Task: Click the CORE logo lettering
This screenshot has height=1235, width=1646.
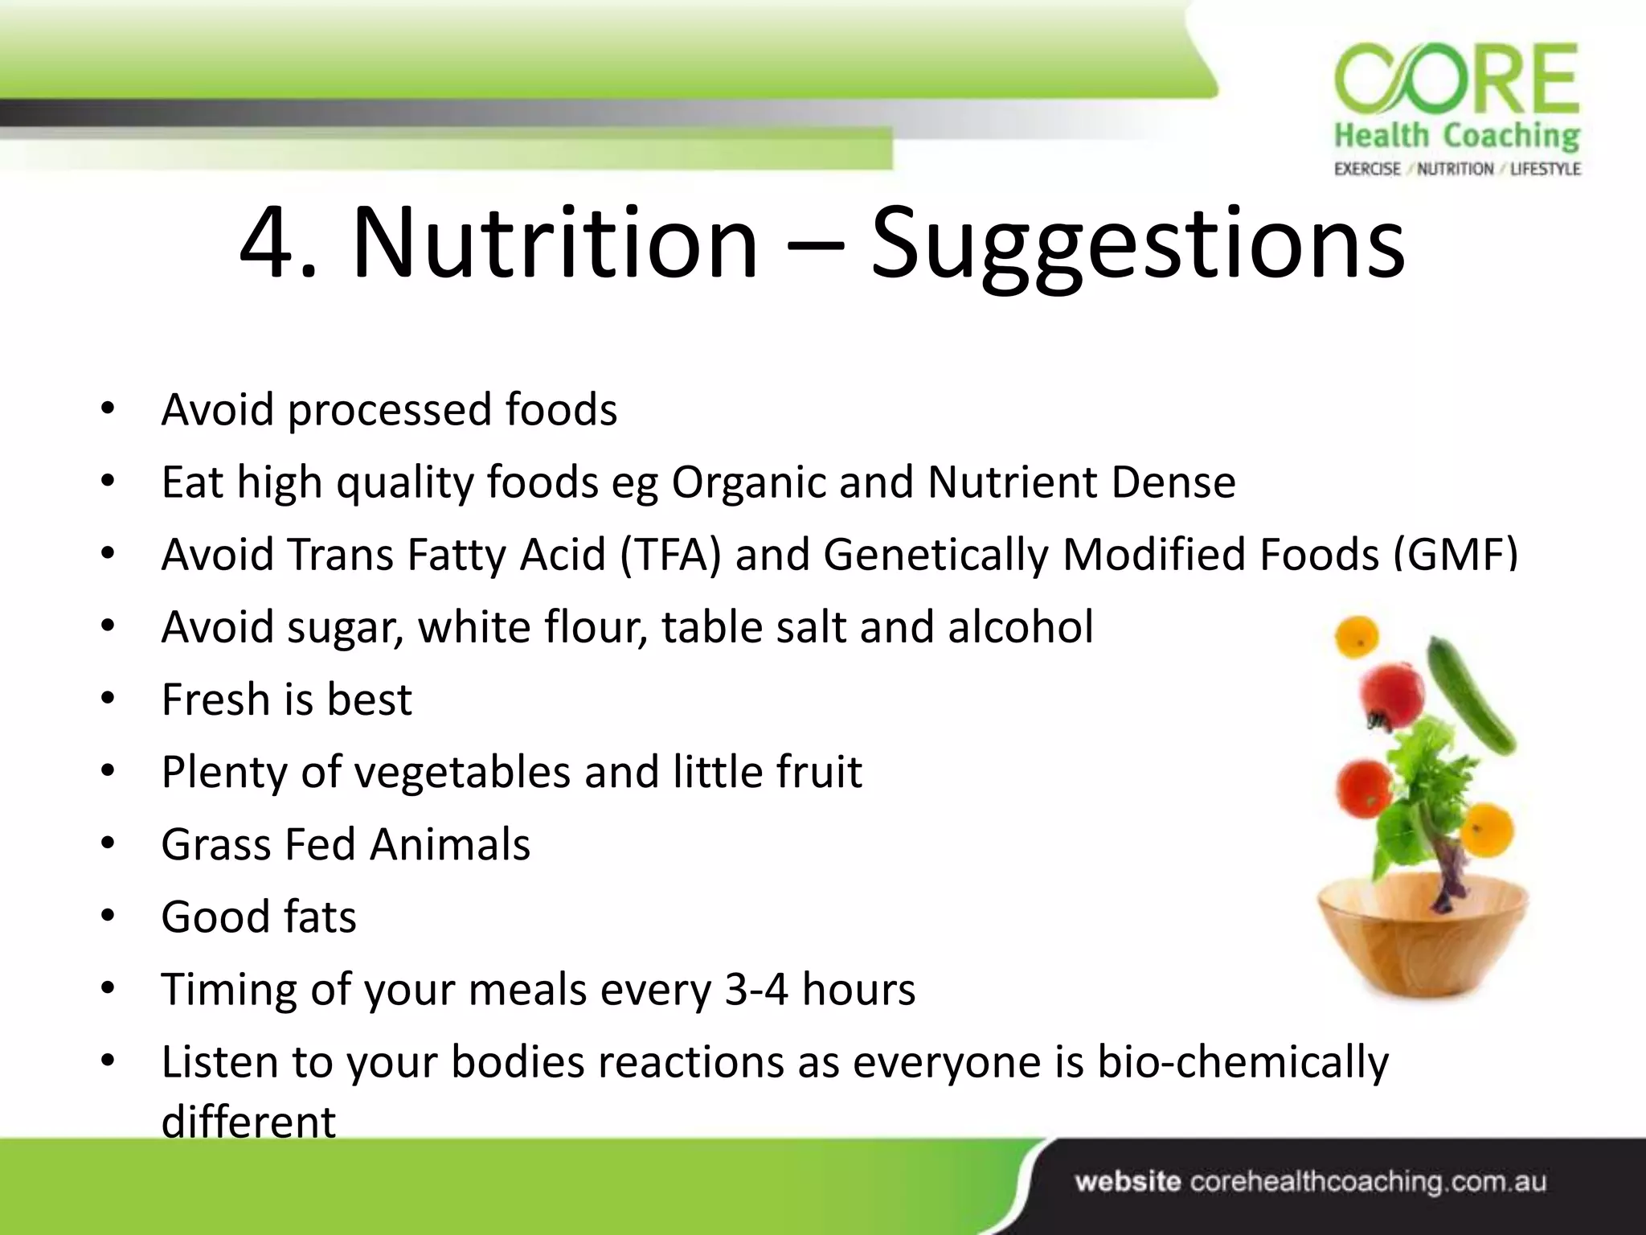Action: [x=1456, y=80]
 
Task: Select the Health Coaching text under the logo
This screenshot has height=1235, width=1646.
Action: [x=1456, y=136]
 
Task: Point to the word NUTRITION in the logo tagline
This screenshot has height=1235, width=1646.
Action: [x=1455, y=169]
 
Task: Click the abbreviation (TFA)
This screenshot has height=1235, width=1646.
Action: [x=670, y=555]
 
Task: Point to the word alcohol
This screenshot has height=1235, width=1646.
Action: [x=1020, y=627]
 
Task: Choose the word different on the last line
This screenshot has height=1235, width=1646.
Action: [x=248, y=1122]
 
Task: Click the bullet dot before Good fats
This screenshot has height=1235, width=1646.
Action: [x=109, y=917]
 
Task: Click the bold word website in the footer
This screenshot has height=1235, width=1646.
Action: [x=1128, y=1182]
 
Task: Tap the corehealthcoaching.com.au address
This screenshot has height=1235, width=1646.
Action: [x=1367, y=1182]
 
